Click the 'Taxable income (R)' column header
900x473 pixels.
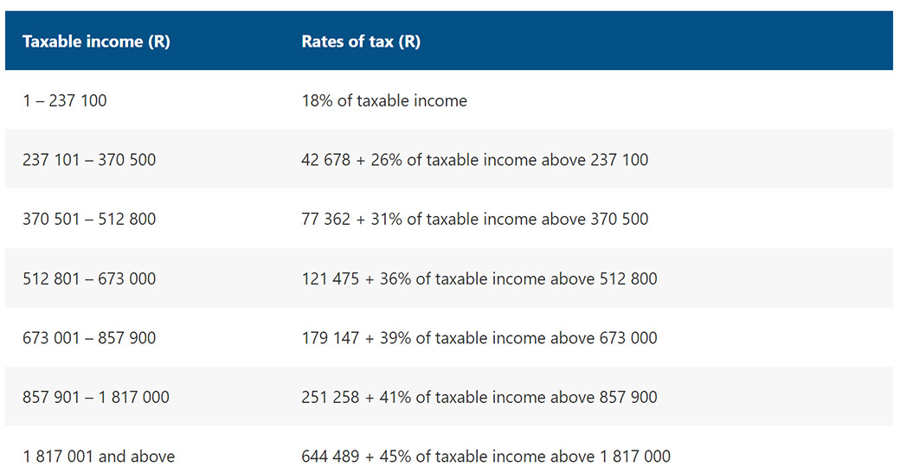point(96,42)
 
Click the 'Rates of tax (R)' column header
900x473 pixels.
point(361,42)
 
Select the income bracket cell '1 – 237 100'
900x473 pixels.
point(65,100)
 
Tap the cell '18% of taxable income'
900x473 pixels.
point(384,100)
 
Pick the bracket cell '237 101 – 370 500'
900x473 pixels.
point(89,160)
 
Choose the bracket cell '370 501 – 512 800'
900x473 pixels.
point(89,219)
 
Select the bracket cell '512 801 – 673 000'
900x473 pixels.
point(89,278)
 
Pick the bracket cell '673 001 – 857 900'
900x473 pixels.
point(89,338)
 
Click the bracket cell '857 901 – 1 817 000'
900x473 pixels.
point(96,397)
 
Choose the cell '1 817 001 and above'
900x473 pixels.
point(99,457)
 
